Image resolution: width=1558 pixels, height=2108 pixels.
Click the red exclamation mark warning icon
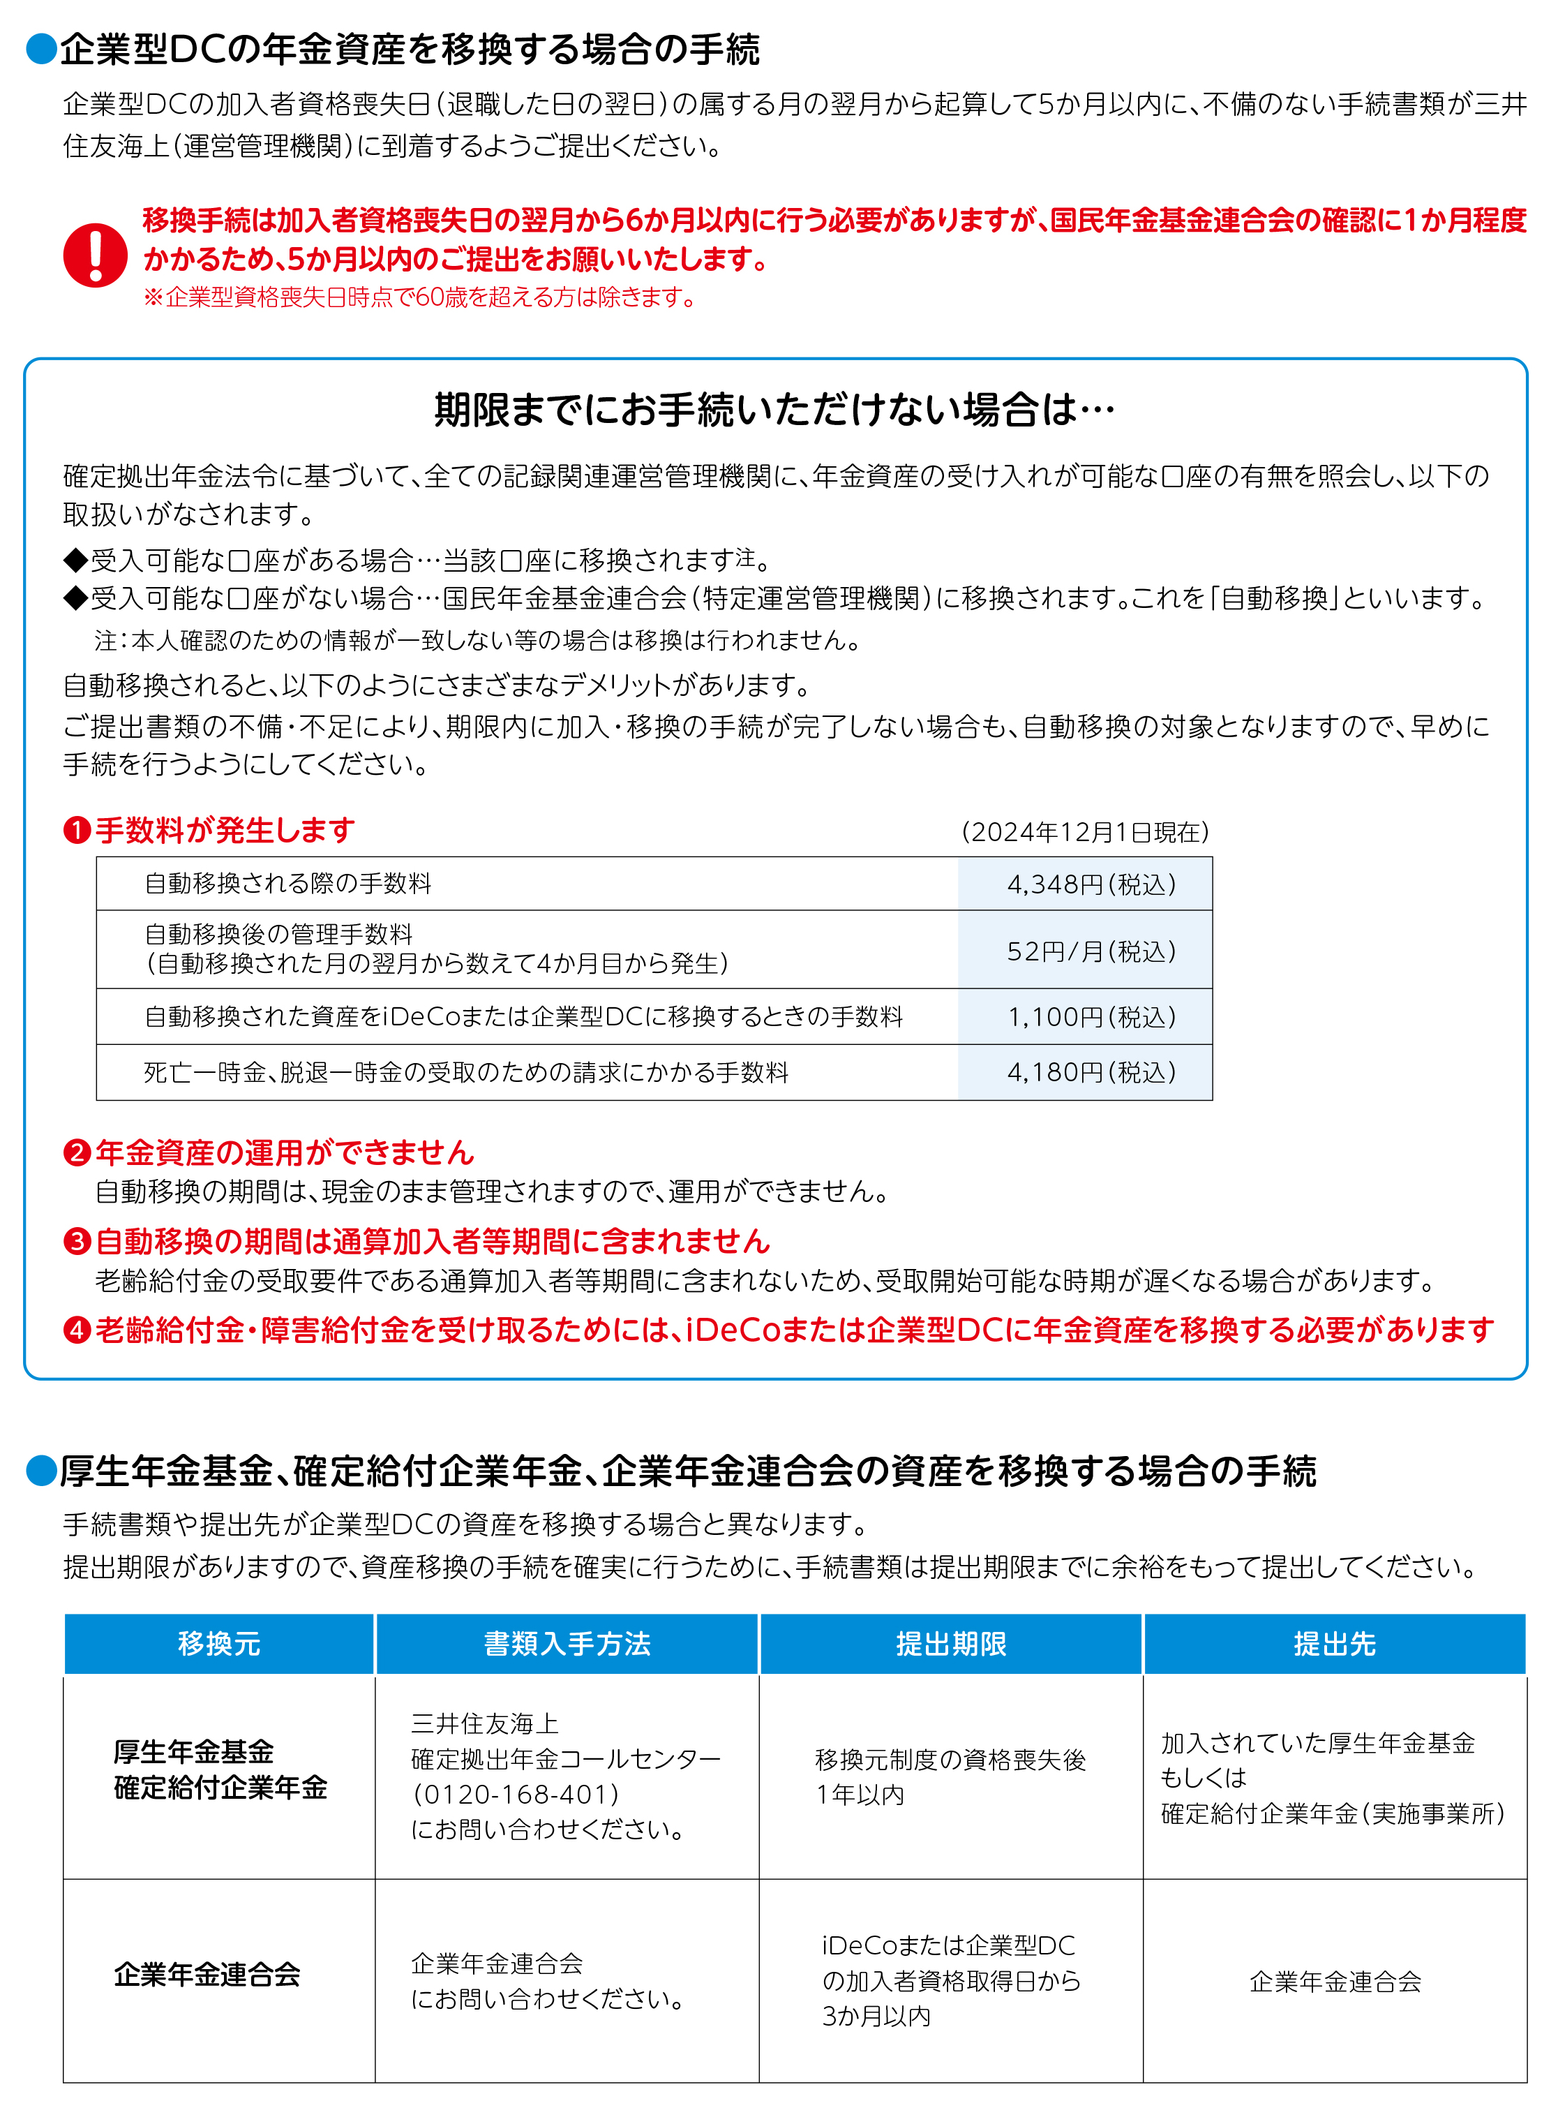96,255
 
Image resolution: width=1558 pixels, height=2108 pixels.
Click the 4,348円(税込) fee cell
1091,884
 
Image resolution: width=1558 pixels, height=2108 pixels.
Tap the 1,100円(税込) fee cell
1091,1017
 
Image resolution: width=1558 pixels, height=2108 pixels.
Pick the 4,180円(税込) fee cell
1091,1073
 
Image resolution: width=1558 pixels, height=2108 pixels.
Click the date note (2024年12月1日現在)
1084,832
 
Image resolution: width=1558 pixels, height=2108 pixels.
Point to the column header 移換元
219,1645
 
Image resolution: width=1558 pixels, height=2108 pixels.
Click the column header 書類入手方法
567,1645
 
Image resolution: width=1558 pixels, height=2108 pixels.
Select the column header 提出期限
951,1645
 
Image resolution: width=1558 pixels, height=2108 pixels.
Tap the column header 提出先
1335,1645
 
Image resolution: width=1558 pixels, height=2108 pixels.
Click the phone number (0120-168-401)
515,1795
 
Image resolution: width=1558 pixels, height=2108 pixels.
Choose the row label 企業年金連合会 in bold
207,1974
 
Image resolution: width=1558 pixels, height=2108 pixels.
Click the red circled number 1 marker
76,831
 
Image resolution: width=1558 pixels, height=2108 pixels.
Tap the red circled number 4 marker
76,1330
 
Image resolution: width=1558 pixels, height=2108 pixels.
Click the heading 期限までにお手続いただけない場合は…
774,410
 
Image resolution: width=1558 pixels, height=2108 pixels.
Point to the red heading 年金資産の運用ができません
284,1152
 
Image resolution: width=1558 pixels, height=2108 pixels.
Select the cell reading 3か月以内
876,2017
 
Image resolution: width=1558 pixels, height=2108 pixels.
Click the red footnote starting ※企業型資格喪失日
420,298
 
